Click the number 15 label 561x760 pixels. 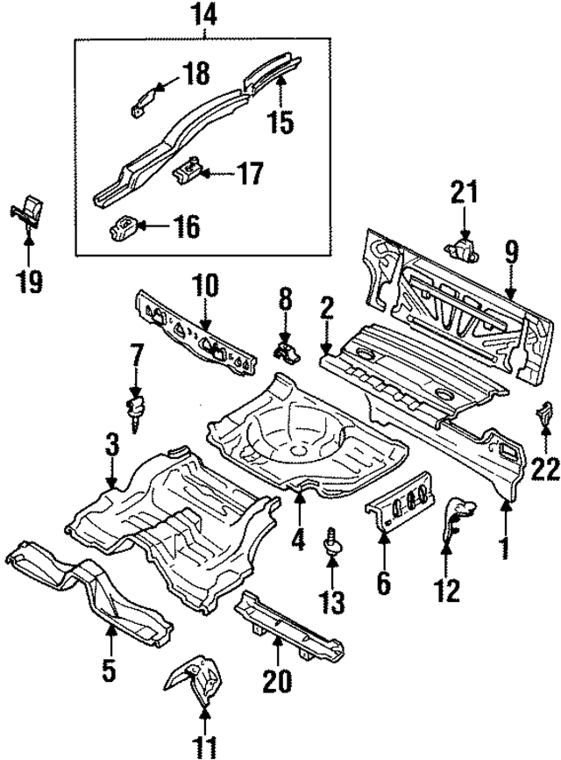[x=280, y=120]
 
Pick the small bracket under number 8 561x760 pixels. [x=287, y=353]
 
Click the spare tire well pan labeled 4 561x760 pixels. [x=298, y=439]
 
